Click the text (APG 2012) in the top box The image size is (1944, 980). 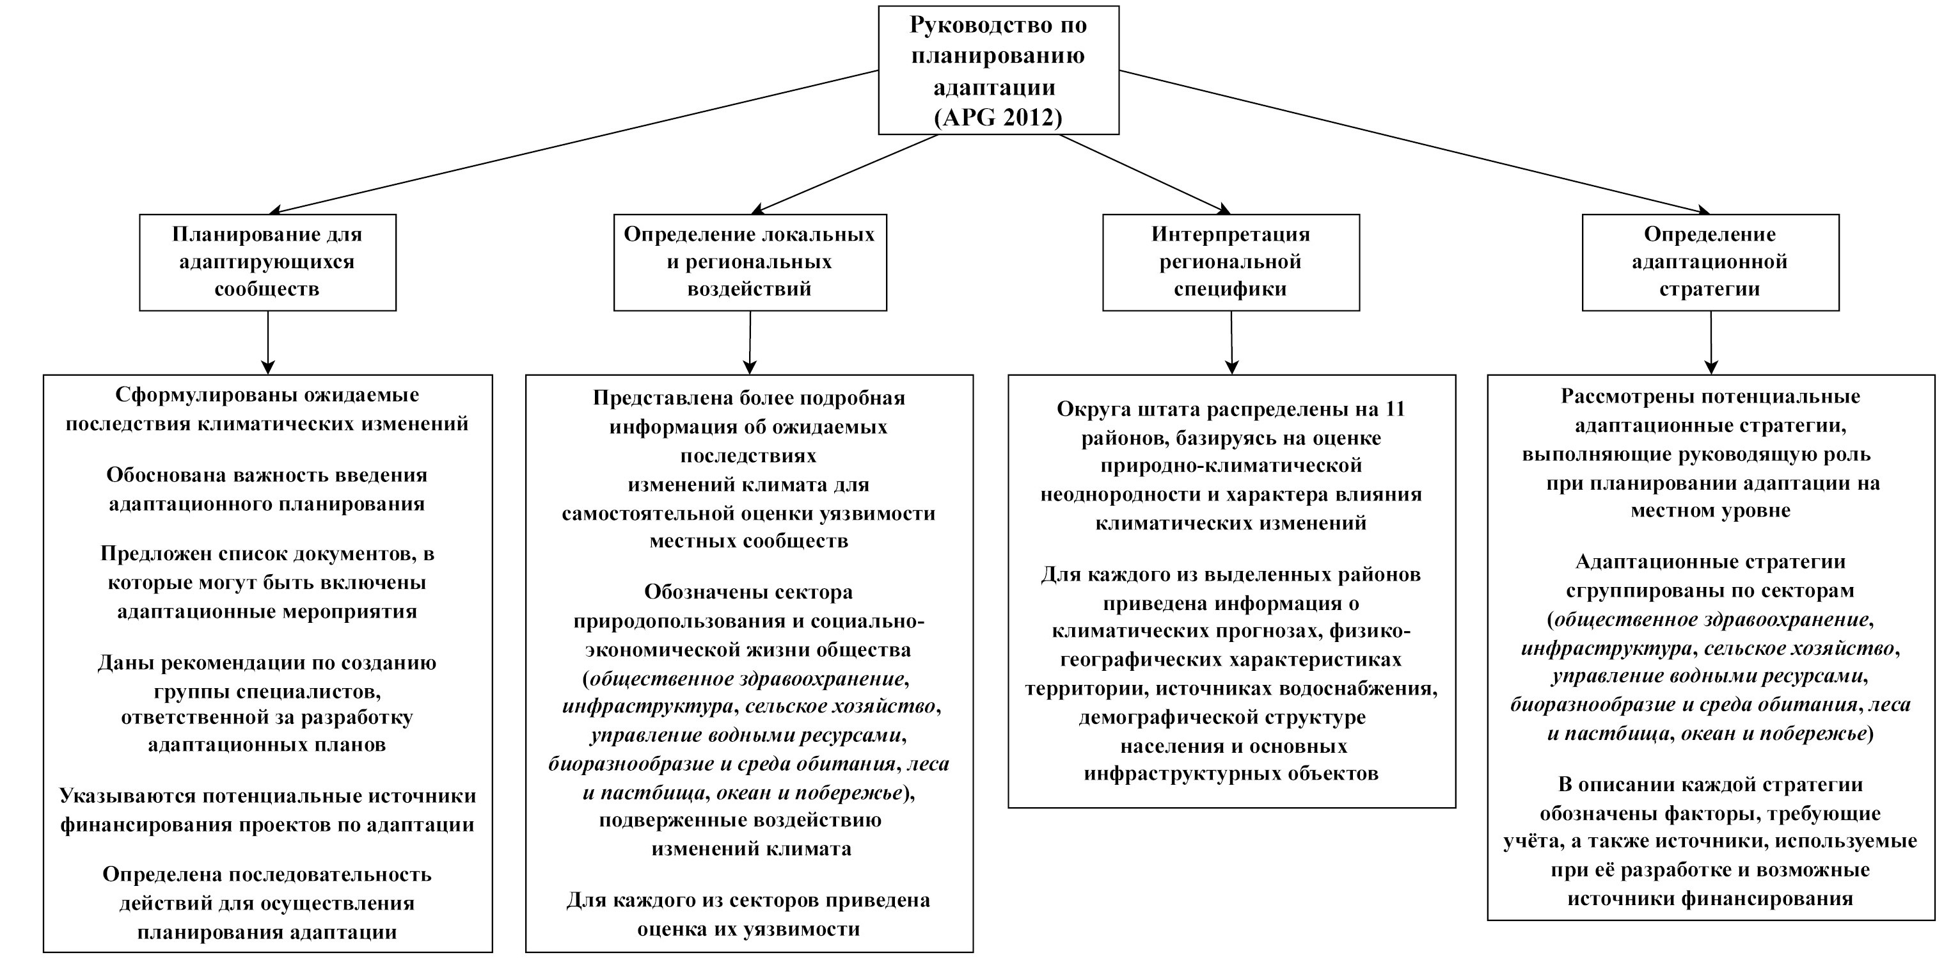(998, 117)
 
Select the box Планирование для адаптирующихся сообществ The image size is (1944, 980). (267, 262)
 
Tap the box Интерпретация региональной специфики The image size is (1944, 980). (1230, 262)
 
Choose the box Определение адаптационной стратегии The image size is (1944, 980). (1709, 262)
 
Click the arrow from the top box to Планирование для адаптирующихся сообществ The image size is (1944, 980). (574, 142)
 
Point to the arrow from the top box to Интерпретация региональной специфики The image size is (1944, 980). (1144, 174)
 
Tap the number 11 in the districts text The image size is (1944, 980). (1395, 409)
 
